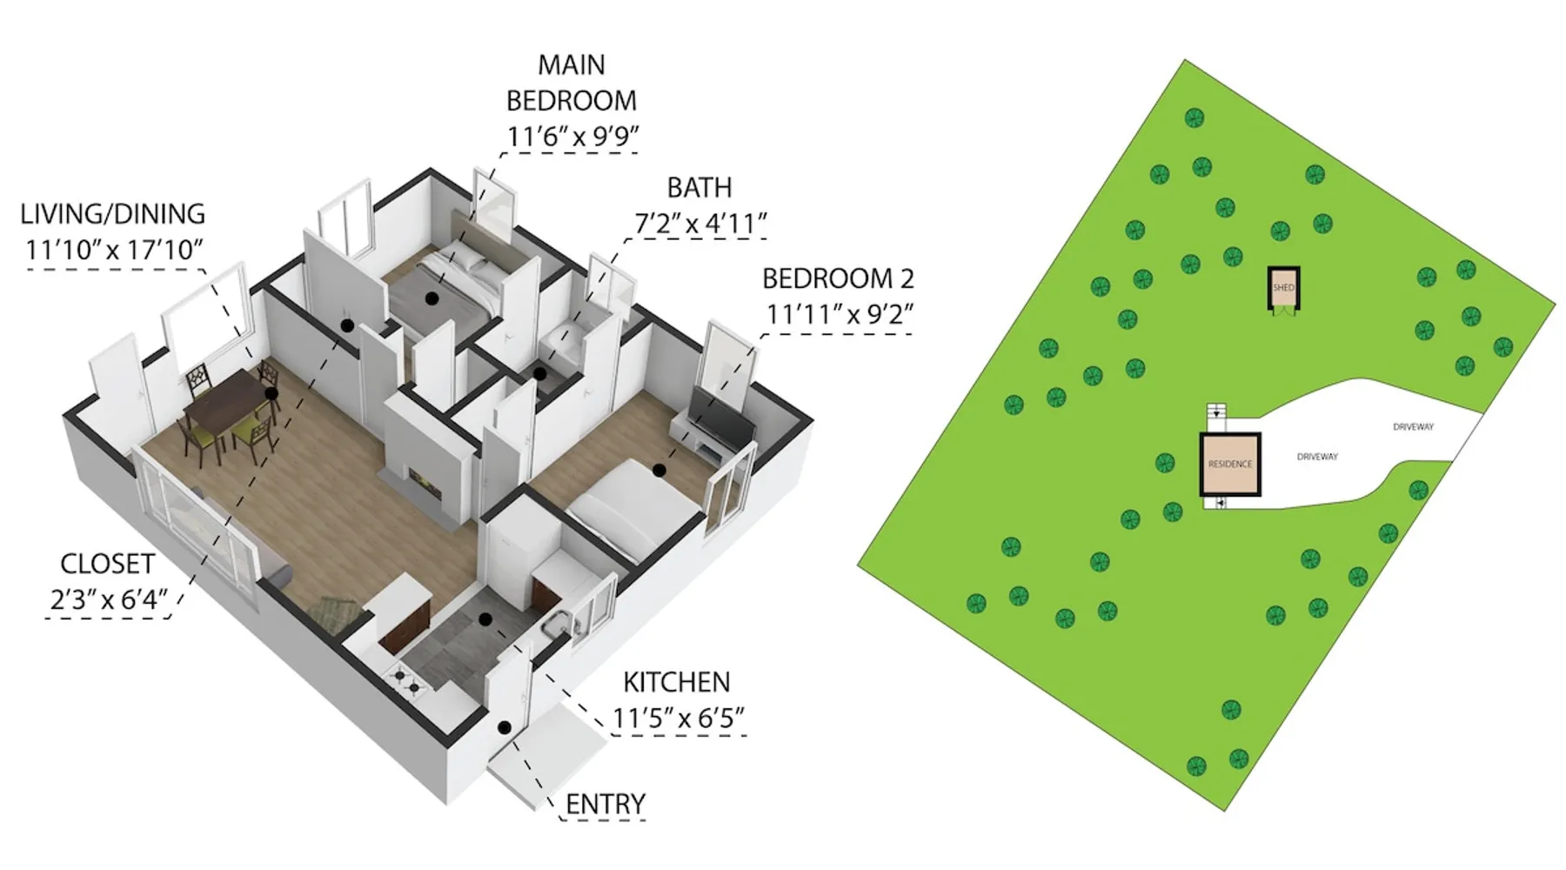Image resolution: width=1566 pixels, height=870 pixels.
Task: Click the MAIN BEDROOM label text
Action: pyautogui.click(x=572, y=83)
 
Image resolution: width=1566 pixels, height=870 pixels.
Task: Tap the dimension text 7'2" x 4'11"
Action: pyautogui.click(x=700, y=224)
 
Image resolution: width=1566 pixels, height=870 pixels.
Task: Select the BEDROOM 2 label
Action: pyautogui.click(x=838, y=278)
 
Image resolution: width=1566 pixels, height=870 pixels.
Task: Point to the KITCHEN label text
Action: pyautogui.click(x=677, y=682)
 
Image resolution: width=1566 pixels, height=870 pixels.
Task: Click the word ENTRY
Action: pyautogui.click(x=606, y=804)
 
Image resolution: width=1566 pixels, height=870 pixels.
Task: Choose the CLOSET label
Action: pyautogui.click(x=107, y=564)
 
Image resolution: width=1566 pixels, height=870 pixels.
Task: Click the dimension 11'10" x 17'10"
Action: pyautogui.click(x=114, y=251)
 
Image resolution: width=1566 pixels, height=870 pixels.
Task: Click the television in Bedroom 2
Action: pyautogui.click(x=721, y=418)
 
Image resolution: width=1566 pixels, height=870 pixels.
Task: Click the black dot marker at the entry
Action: pyautogui.click(x=504, y=726)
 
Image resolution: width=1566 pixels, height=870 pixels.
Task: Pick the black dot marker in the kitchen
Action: pyautogui.click(x=485, y=619)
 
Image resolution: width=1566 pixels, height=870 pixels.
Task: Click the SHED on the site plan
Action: pyautogui.click(x=1283, y=287)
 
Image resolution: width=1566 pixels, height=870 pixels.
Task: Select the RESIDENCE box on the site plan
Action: pyautogui.click(x=1230, y=464)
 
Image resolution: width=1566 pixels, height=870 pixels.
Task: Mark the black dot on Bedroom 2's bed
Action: pyautogui.click(x=659, y=471)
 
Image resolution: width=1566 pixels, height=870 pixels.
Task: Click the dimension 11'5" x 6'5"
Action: pyautogui.click(x=679, y=719)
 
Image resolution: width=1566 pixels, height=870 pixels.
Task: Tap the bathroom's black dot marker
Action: pyautogui.click(x=540, y=374)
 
